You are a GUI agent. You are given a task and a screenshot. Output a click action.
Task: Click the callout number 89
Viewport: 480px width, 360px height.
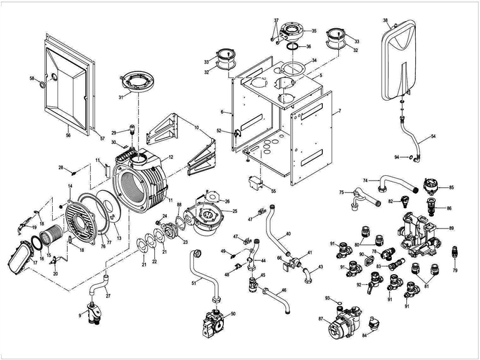point(451,229)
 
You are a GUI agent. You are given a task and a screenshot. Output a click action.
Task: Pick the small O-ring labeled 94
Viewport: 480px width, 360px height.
point(410,158)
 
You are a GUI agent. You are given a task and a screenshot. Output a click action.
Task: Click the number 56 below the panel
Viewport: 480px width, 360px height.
point(68,136)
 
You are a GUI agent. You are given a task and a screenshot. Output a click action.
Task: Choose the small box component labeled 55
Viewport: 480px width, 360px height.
point(257,181)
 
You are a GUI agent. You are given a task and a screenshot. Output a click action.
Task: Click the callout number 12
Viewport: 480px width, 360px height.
point(171,157)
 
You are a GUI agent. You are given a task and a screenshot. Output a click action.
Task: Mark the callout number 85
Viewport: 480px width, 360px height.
point(451,188)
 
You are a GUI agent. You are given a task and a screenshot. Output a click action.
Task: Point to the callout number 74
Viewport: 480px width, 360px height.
point(365,179)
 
